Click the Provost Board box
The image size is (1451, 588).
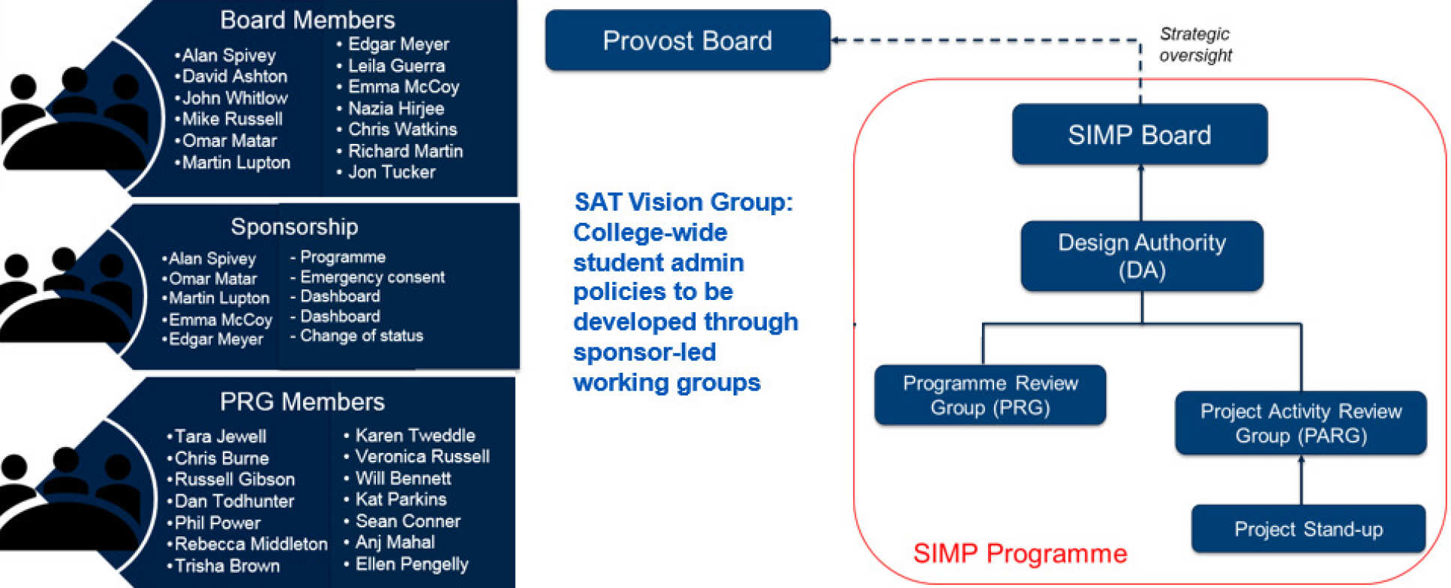click(687, 40)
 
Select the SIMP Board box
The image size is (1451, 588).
click(1139, 135)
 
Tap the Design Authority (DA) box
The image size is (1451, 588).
click(1141, 256)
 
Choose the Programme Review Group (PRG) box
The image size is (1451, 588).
click(990, 395)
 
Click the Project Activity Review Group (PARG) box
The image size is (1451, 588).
click(1300, 423)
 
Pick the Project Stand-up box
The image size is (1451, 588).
click(1308, 529)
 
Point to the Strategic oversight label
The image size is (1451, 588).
click(1194, 44)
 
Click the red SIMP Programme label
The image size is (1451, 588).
click(1020, 553)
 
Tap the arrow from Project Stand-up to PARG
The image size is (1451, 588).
click(1301, 480)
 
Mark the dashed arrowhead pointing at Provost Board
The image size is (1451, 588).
click(837, 40)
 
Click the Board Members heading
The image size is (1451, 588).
click(307, 20)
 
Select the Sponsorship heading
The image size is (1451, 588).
click(294, 226)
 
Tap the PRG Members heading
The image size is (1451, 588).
click(302, 402)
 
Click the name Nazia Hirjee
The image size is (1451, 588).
click(395, 109)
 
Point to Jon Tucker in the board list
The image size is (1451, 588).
click(391, 172)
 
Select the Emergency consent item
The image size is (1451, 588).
click(372, 277)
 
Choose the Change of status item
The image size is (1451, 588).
click(361, 336)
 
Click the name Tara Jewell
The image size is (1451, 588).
click(220, 436)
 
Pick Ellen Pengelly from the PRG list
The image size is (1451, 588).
click(411, 564)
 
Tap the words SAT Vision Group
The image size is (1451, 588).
click(683, 202)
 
